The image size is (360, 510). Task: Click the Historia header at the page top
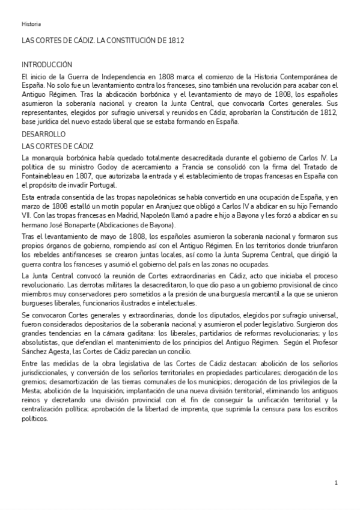[x=31, y=24]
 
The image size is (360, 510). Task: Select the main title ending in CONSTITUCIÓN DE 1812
[x=103, y=41]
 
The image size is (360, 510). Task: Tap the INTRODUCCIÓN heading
[x=47, y=65]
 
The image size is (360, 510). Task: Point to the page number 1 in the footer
[x=336, y=483]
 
